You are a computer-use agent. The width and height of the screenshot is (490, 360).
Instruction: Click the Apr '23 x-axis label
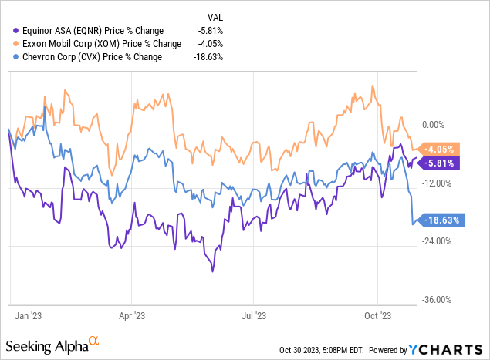pyautogui.click(x=132, y=315)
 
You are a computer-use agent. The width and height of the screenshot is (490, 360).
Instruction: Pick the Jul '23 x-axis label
pyautogui.click(x=255, y=315)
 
